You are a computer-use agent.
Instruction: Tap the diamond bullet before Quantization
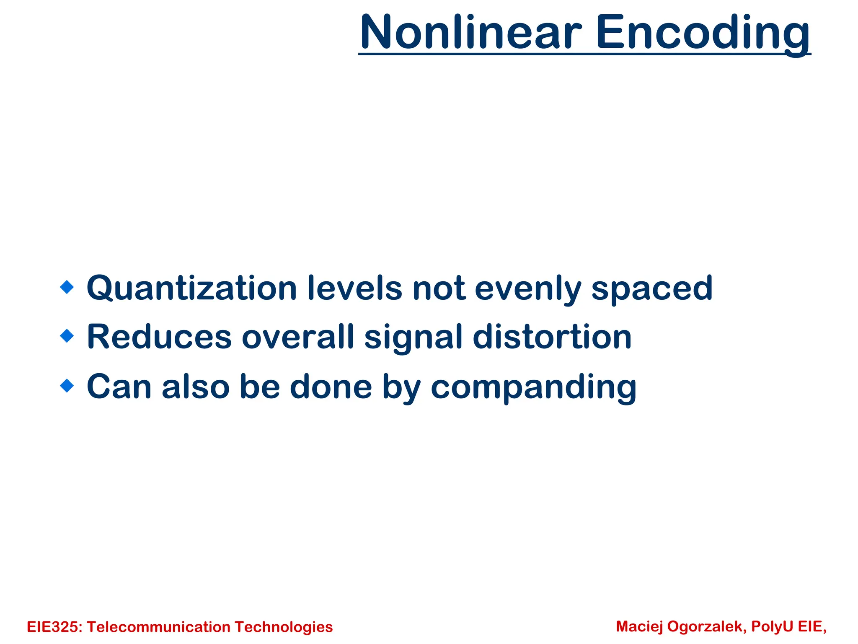67,287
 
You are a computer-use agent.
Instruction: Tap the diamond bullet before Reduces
67,336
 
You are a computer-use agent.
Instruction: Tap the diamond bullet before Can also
67,385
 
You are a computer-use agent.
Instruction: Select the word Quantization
191,288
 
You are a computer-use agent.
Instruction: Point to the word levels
354,288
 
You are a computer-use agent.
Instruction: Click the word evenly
527,288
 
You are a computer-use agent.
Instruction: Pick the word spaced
651,288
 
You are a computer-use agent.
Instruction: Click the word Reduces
159,337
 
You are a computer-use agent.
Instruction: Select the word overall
298,337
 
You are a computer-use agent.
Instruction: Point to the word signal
413,337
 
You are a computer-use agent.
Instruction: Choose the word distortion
552,337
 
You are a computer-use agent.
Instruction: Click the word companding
533,387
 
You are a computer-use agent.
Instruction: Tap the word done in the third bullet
331,387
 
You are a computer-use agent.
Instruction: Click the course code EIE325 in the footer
54,627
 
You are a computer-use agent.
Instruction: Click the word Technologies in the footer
284,627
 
